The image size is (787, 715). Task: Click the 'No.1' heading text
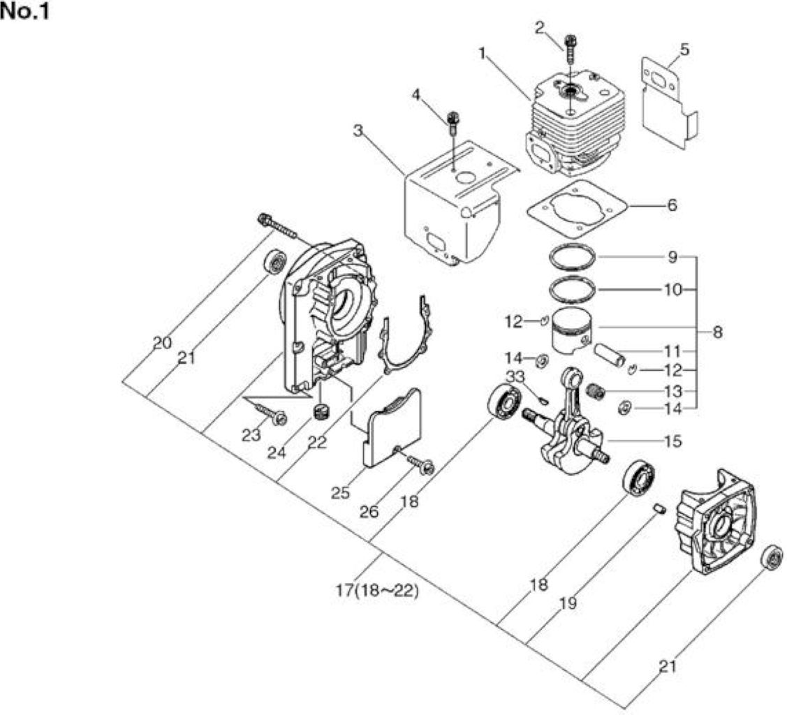pyautogui.click(x=25, y=12)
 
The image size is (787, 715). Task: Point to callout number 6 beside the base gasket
pyautogui.click(x=672, y=205)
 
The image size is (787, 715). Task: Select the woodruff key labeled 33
pyautogui.click(x=542, y=399)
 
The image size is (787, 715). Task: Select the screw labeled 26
pyautogui.click(x=420, y=464)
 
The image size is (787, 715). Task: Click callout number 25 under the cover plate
pyautogui.click(x=340, y=492)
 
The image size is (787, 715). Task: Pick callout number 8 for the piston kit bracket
pyautogui.click(x=717, y=332)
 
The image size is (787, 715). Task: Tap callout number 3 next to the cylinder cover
pyautogui.click(x=358, y=131)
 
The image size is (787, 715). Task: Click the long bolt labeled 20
pyautogui.click(x=277, y=226)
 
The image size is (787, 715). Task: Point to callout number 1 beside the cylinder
pyautogui.click(x=483, y=52)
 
